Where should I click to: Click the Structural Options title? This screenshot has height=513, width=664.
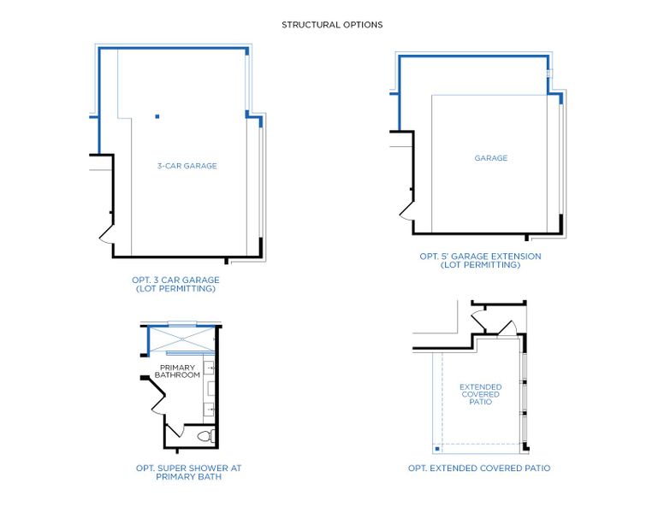[x=332, y=25]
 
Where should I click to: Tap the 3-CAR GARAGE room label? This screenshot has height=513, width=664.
[x=187, y=166]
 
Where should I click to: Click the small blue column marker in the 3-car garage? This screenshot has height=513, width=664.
[x=157, y=116]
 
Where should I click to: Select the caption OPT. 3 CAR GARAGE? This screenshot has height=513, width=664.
[x=175, y=280]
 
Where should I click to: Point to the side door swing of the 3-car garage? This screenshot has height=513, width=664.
[x=105, y=232]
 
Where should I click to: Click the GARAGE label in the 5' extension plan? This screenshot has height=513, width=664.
[x=491, y=158]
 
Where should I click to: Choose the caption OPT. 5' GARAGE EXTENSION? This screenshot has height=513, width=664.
[x=480, y=256]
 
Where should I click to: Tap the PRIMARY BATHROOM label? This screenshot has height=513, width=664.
[x=177, y=371]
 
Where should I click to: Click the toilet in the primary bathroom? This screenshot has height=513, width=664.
[x=204, y=436]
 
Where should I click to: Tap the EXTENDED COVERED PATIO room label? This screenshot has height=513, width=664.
[x=480, y=394]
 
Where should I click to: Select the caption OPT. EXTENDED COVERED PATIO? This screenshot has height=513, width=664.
[x=479, y=469]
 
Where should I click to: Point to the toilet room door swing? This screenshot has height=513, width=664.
[x=175, y=431]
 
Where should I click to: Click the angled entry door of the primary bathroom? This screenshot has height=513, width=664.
[x=154, y=392]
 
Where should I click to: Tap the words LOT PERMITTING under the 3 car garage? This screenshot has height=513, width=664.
[x=175, y=289]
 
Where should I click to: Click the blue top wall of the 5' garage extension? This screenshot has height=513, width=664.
[x=471, y=56]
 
